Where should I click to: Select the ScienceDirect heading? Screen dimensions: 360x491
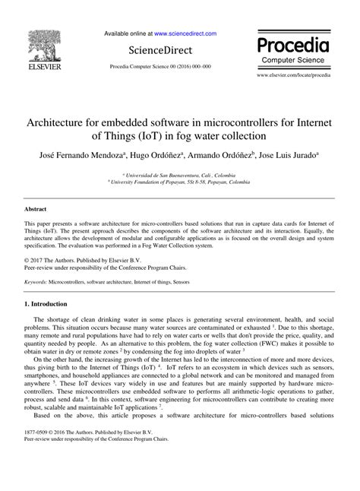[x=159, y=50]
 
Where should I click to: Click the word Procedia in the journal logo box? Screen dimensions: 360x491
[x=298, y=42]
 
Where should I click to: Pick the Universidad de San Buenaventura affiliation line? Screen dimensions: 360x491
[x=183, y=174]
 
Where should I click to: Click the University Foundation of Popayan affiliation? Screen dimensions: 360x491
[x=183, y=182]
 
